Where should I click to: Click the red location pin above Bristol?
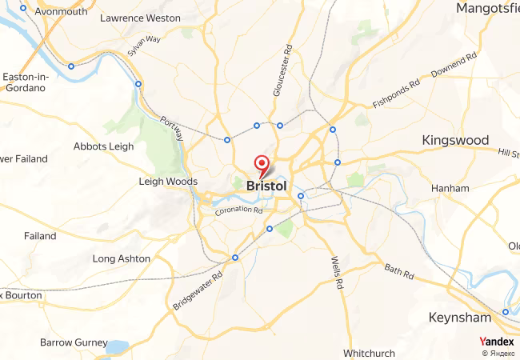[x=262, y=166]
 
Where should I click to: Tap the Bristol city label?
[x=267, y=186]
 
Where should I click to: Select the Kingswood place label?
[x=455, y=140]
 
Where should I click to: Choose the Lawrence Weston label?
[x=140, y=17]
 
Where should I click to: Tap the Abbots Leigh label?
[x=104, y=146]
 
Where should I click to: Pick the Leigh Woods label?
[x=168, y=182]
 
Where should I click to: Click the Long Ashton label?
[x=121, y=258]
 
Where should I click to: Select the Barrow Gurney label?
[x=74, y=342]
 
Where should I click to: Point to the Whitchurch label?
[x=369, y=353]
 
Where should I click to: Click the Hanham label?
[x=450, y=188]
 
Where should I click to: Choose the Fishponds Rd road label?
[x=396, y=94]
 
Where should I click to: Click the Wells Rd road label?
[x=337, y=273]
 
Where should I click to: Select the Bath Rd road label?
[x=398, y=271]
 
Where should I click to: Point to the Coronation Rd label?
[x=238, y=210]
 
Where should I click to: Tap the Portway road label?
[x=172, y=126]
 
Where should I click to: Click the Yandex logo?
[x=497, y=341]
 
